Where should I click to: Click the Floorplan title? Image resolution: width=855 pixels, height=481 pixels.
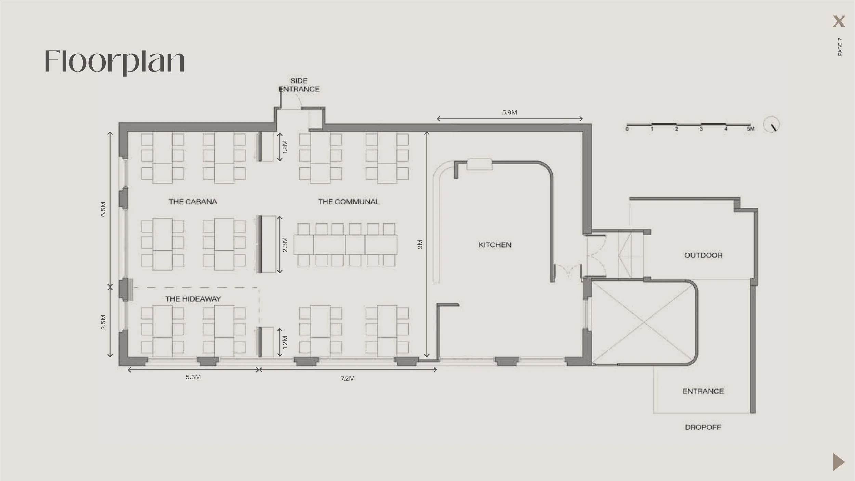point(115,62)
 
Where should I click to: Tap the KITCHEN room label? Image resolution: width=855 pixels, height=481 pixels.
point(495,245)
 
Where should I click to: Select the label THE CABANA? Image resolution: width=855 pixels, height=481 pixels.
point(193,202)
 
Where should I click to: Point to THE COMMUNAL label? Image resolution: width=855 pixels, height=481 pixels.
point(349,202)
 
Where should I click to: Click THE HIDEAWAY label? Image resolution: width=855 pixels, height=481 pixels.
point(193,299)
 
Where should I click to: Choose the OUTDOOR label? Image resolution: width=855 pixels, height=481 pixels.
point(703,255)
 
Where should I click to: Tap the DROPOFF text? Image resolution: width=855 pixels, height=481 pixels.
point(703,427)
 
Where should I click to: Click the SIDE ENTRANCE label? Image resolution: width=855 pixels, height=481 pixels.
point(299,85)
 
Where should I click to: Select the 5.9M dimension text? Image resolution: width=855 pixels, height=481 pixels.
point(510,112)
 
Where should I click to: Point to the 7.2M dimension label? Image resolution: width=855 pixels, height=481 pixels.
point(347,378)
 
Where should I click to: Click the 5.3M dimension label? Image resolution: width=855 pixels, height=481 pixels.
point(193,377)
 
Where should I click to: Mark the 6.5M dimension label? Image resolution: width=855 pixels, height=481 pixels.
point(103,209)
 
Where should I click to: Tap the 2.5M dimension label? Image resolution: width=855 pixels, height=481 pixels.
point(103,322)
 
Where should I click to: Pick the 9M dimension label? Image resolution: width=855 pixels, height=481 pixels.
point(420,244)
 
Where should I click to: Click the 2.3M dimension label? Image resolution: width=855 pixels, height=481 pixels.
point(285,245)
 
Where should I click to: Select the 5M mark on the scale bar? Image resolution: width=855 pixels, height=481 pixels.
point(750,129)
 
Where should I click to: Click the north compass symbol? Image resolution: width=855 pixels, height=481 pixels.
point(771,125)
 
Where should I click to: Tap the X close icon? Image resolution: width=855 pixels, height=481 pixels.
point(839,21)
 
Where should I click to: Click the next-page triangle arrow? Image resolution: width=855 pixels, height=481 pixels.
point(839,462)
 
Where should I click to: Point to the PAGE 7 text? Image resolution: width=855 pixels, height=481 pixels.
point(840,47)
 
